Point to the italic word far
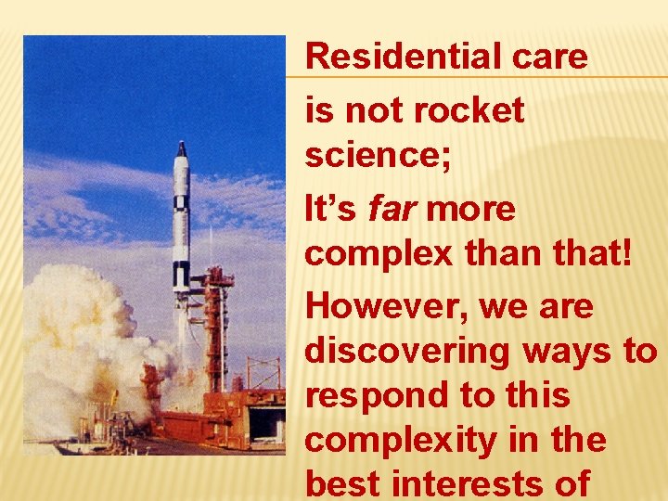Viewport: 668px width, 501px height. pos(390,209)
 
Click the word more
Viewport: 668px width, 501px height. pos(471,209)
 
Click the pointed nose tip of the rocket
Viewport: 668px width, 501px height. pos(182,145)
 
